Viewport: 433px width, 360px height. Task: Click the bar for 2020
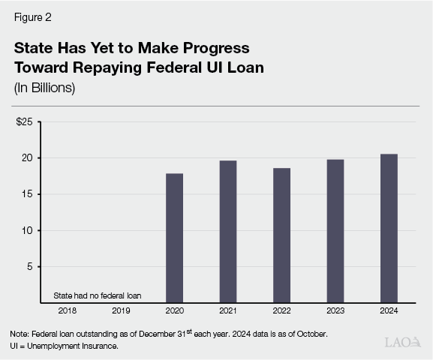tap(174, 238)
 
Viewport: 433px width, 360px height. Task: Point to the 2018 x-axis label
tap(67, 310)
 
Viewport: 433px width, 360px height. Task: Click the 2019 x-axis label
tap(121, 310)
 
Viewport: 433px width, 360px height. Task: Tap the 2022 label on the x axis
tap(281, 310)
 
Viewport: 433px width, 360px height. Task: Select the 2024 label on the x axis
tap(389, 310)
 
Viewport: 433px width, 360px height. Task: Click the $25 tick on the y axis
tap(24, 121)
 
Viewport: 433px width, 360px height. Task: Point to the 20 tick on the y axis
tap(26, 158)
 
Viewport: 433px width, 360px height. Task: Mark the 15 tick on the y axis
tap(26, 194)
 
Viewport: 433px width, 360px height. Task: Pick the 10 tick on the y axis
tap(26, 230)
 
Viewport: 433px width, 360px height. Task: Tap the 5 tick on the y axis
tap(29, 266)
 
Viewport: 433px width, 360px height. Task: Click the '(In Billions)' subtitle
tap(44, 87)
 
